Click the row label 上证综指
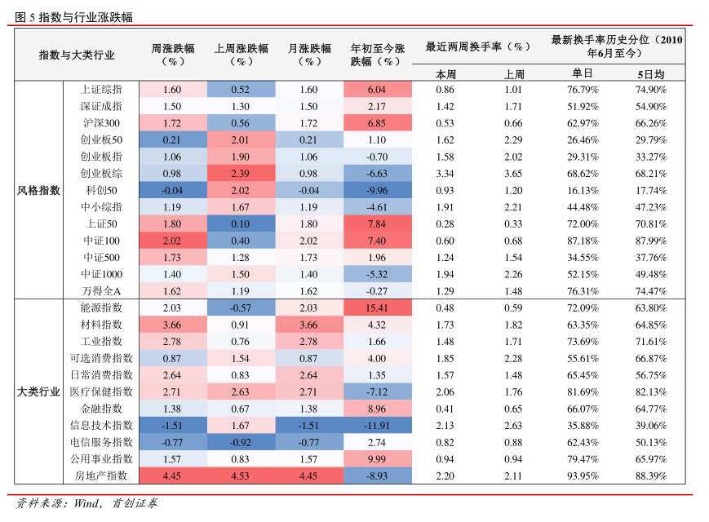click(x=101, y=90)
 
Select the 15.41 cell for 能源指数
click(x=376, y=308)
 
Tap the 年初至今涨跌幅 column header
click(x=376, y=55)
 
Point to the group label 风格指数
click(x=38, y=190)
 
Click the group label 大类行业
click(x=38, y=391)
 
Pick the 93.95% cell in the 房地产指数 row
click(x=583, y=476)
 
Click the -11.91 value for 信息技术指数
click(x=376, y=426)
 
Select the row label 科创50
click(x=101, y=190)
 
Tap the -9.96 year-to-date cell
click(x=376, y=190)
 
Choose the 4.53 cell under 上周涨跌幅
click(x=240, y=476)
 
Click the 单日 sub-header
click(x=583, y=73)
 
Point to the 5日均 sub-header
click(x=650, y=73)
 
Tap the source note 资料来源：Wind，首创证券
click(x=87, y=503)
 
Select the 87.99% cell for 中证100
click(x=650, y=241)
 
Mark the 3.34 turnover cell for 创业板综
click(x=445, y=174)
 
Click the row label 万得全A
click(x=101, y=291)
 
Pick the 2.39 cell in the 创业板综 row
click(x=240, y=174)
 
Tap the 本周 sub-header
click(x=445, y=73)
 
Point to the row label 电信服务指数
click(x=101, y=442)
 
